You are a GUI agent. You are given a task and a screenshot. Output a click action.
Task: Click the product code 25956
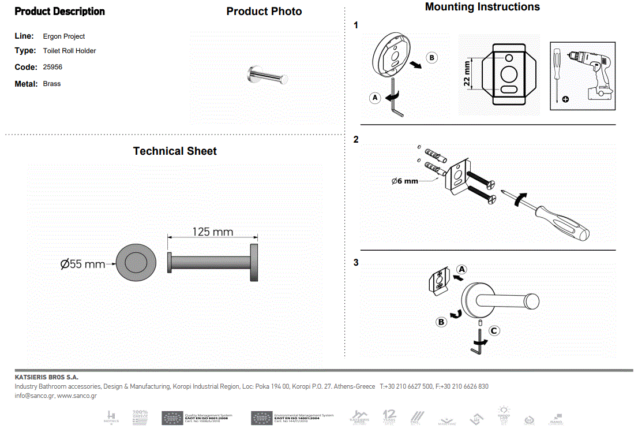[x=52, y=67]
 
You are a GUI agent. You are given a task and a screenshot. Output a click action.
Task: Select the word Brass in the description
[x=51, y=84]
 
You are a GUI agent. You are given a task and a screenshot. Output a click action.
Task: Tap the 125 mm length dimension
[x=212, y=232]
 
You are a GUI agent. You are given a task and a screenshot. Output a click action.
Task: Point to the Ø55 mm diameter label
[x=82, y=264]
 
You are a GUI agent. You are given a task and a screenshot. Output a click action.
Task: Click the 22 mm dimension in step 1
[x=467, y=73]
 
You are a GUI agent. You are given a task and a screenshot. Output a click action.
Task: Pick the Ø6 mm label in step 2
[x=404, y=181]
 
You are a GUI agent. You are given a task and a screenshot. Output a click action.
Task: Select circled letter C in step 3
[x=494, y=331]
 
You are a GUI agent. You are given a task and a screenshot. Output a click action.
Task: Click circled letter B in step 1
[x=432, y=58]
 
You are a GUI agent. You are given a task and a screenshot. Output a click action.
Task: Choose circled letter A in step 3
[x=461, y=269]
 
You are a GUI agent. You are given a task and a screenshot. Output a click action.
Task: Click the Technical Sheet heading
[x=175, y=151]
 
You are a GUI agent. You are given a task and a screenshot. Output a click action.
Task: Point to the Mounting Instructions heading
[x=482, y=7]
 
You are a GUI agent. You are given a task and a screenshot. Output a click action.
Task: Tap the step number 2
[x=356, y=140]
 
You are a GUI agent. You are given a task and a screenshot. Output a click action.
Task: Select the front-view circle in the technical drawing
[x=136, y=264]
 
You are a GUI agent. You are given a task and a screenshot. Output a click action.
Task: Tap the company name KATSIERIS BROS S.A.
[x=46, y=377]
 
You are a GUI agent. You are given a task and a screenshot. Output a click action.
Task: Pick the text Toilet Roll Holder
[x=69, y=51]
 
